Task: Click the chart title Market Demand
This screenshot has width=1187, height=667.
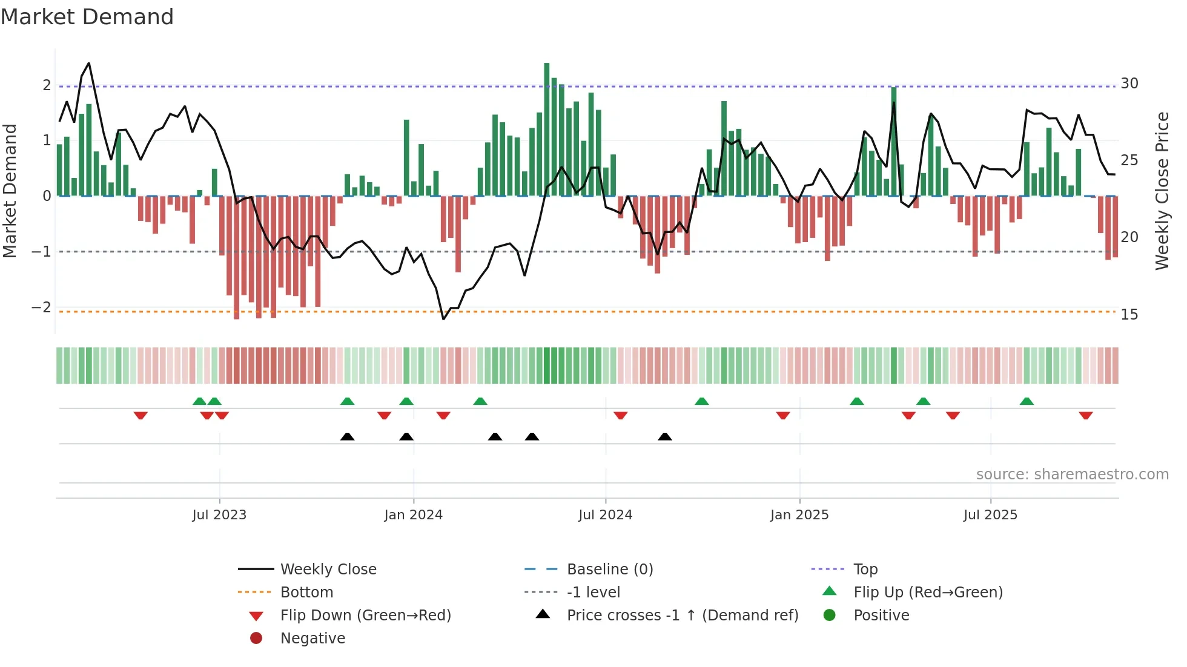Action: (87, 17)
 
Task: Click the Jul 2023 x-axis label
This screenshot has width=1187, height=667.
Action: (219, 515)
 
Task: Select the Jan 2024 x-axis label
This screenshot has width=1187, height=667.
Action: (413, 515)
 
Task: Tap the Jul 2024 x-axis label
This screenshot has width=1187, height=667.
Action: (605, 515)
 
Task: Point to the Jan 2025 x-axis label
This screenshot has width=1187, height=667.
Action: (799, 515)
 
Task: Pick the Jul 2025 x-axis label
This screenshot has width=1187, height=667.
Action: (990, 515)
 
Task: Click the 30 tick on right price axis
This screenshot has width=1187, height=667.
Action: (1129, 84)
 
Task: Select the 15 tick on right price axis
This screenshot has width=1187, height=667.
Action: (1129, 315)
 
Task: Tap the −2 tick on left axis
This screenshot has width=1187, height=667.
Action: (41, 307)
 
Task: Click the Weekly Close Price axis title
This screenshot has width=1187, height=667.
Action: (1162, 191)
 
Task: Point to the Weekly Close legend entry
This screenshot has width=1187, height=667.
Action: (328, 570)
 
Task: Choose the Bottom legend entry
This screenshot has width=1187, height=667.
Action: (306, 593)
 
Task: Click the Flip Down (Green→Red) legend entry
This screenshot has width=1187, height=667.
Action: (365, 616)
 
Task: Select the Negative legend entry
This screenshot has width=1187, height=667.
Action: (312, 639)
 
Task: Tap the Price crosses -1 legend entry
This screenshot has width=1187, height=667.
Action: (682, 616)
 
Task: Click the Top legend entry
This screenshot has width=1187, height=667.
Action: (865, 570)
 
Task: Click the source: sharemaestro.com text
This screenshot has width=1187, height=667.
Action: (1072, 475)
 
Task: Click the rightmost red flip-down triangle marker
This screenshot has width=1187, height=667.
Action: (1085, 416)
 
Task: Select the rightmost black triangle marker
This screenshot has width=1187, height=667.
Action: (664, 436)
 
